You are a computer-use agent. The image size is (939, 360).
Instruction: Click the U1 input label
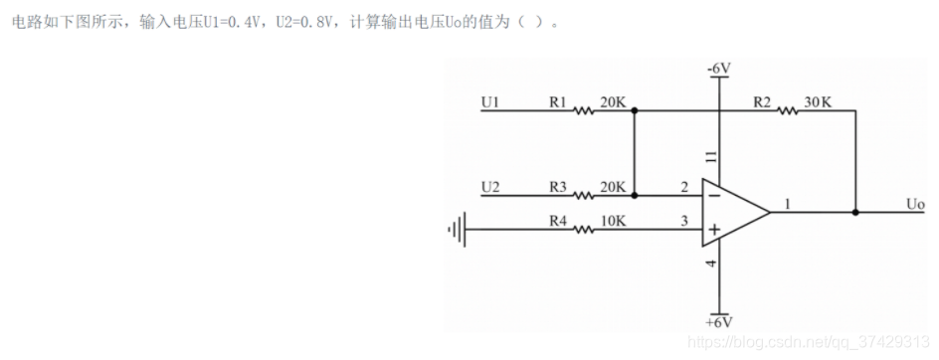(x=489, y=101)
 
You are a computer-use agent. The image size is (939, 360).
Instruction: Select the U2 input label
(x=489, y=186)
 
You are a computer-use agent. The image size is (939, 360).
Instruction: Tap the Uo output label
(x=915, y=204)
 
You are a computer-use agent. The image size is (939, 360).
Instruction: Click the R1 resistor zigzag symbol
(x=584, y=111)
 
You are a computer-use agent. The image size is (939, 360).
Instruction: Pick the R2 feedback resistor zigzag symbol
(x=787, y=111)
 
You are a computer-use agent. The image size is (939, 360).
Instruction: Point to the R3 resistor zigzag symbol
(x=584, y=196)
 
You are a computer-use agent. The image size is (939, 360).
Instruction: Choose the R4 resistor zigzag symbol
(x=584, y=230)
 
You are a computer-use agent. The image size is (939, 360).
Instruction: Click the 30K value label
(x=818, y=101)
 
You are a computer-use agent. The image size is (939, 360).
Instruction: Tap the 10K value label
(x=613, y=220)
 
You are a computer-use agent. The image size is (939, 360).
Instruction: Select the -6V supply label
(x=718, y=68)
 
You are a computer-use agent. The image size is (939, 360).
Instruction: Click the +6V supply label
(x=718, y=323)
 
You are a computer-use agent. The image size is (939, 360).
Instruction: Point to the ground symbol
(x=457, y=230)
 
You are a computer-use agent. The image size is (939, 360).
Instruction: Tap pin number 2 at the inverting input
(x=684, y=186)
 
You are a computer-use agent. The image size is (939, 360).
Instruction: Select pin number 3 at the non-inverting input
(x=684, y=220)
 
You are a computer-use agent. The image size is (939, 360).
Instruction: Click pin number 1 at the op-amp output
(x=788, y=204)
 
